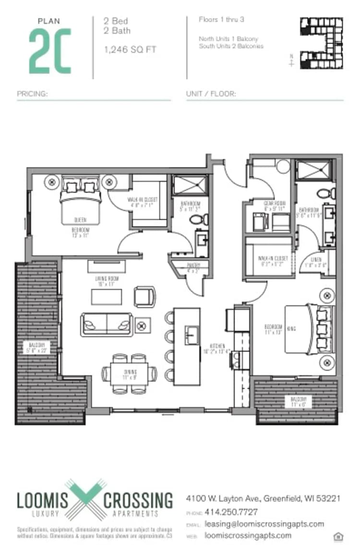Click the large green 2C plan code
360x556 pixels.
(50, 51)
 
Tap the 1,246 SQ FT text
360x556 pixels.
(130, 50)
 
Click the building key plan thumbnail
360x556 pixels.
(321, 43)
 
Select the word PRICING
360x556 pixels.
(32, 94)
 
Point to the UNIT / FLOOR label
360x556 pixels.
(211, 94)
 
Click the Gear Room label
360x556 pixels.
(274, 203)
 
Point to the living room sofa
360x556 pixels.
(107, 324)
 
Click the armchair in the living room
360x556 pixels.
(145, 296)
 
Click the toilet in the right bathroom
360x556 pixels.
(327, 194)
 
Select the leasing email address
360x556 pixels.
(264, 524)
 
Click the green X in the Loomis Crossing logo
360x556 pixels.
(85, 499)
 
